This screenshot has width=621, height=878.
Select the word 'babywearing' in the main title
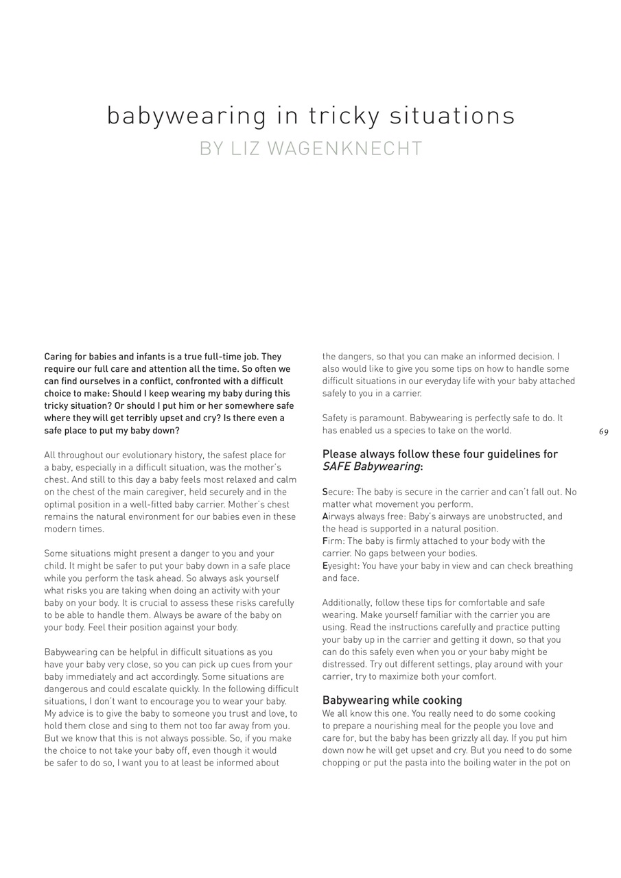tap(186, 116)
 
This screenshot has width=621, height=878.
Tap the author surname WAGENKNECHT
tap(345, 149)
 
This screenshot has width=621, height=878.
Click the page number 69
tap(603, 432)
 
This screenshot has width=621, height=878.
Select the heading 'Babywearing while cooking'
tap(392, 700)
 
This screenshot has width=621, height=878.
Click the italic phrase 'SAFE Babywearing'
tap(371, 466)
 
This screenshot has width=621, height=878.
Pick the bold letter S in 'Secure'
tap(325, 493)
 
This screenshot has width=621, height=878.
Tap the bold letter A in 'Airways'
tap(325, 517)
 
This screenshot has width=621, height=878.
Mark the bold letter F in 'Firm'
tap(325, 541)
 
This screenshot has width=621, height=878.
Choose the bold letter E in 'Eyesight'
tap(325, 566)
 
